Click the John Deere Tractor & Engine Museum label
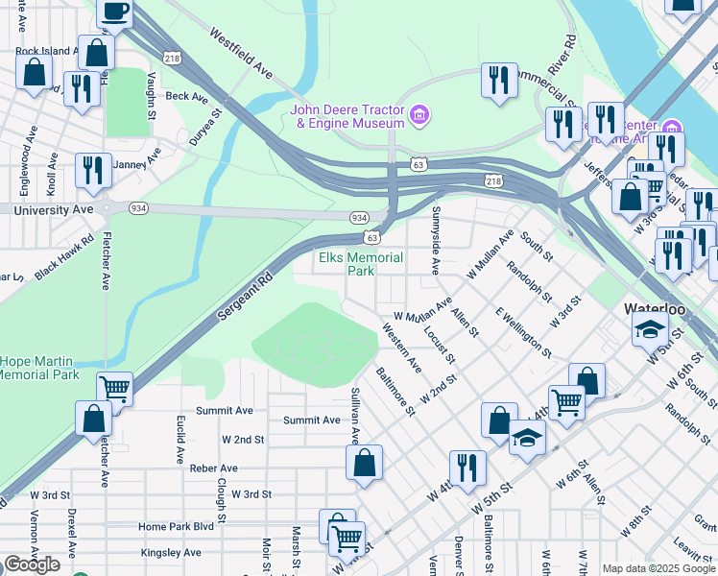click(347, 116)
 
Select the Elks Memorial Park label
click(360, 264)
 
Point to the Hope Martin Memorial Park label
click(39, 368)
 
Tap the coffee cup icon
click(114, 12)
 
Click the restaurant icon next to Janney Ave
click(93, 170)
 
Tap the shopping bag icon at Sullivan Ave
click(365, 463)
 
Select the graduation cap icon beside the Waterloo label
click(650, 328)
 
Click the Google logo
click(32, 564)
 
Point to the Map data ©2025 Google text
click(658, 568)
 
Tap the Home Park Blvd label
click(175, 526)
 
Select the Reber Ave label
click(213, 468)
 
